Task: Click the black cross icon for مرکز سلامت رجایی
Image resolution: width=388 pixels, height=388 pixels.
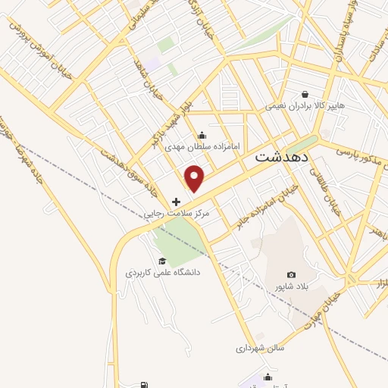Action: point(177,202)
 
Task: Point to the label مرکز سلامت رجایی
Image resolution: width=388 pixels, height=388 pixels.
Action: point(177,214)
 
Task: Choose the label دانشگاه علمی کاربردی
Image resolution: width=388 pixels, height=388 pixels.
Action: point(163,271)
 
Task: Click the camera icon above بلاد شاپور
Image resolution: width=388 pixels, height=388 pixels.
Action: point(292,274)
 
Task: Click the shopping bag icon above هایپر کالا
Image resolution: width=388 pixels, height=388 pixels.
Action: point(305,94)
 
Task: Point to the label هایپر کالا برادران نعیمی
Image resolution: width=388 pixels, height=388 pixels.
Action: point(305,106)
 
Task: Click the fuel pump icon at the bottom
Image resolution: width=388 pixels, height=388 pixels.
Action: point(144,385)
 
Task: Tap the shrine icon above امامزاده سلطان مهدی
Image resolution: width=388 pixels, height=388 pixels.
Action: point(202,136)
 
